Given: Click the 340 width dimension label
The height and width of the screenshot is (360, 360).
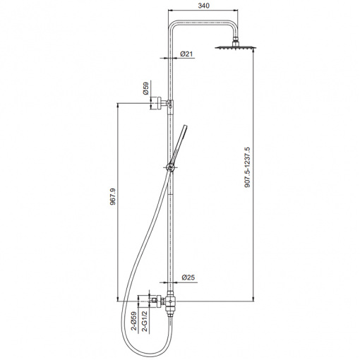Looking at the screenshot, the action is click(x=203, y=6).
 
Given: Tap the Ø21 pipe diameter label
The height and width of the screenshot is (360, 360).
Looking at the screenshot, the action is click(x=186, y=54).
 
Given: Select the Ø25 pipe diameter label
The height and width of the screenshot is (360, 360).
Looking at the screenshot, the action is click(x=188, y=277).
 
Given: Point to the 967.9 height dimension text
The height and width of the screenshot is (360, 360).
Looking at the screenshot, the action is click(x=113, y=196).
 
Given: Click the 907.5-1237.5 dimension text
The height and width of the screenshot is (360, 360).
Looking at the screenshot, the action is click(x=248, y=167).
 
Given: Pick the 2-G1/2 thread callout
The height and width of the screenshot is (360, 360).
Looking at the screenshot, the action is click(x=145, y=321).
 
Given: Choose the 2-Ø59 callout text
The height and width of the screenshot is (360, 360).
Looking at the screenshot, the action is click(x=134, y=321).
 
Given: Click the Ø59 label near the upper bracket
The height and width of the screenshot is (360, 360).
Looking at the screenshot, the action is click(x=146, y=88).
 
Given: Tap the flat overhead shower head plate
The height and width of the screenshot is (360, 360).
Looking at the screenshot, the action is click(x=235, y=48).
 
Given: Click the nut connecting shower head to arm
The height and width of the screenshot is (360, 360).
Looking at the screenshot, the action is click(x=235, y=44).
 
